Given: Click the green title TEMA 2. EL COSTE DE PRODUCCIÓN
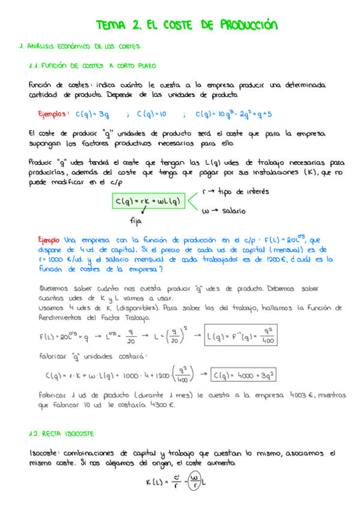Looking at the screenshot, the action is click(187, 25).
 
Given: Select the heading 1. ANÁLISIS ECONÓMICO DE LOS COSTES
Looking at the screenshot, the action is click(81, 46).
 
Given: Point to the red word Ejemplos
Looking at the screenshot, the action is click(54, 113).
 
